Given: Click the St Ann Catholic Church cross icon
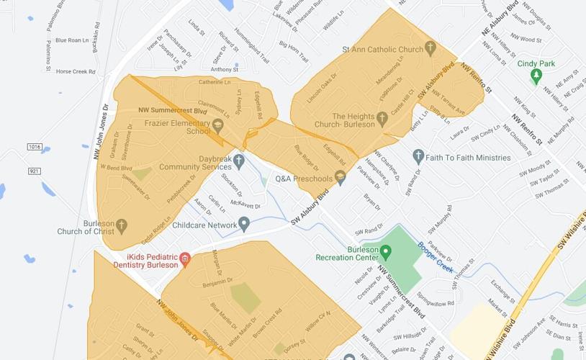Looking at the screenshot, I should [431, 49].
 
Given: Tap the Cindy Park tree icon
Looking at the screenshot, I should [536, 75].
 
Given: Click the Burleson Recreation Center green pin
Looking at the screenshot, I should [385, 252].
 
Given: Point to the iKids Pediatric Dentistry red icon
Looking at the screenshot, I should [185, 260].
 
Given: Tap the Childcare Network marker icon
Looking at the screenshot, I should [244, 225].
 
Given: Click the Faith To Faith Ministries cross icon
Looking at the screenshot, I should [418, 157].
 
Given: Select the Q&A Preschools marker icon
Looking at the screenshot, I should [341, 178].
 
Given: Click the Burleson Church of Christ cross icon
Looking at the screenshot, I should [121, 227].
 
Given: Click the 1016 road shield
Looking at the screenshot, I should [35, 147].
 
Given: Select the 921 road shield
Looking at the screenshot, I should [35, 171].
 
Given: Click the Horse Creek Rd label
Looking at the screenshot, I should [76, 71].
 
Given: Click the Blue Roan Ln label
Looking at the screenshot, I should [73, 40].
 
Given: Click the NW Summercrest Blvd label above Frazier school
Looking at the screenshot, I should [172, 112].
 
